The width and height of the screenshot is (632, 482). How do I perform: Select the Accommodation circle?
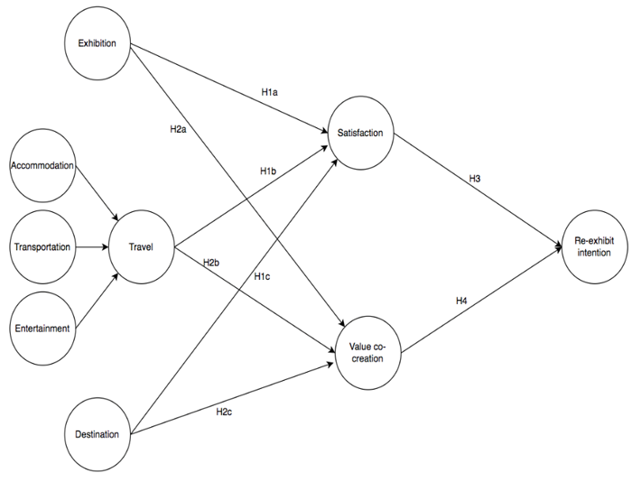point(42,165)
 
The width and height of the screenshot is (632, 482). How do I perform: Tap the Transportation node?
point(42,247)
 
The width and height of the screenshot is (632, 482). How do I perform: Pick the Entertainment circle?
point(42,329)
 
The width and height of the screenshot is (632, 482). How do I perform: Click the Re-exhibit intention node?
point(592,246)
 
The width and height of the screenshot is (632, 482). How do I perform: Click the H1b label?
point(268,171)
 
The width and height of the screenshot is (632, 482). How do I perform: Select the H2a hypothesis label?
point(179,128)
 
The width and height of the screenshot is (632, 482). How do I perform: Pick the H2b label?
point(211,262)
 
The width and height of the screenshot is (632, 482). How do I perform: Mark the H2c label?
point(225,411)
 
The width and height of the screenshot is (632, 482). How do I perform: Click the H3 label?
point(475,179)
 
